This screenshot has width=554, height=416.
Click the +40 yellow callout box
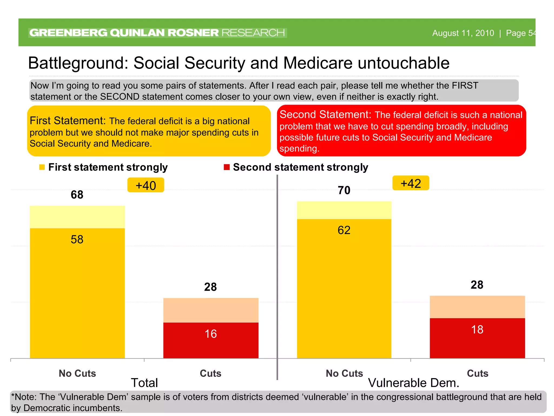(146, 185)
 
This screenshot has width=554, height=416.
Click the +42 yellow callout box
(410, 183)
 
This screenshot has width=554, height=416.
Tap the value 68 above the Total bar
(77, 195)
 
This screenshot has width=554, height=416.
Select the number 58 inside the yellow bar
(77, 239)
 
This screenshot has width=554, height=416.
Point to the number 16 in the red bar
(210, 334)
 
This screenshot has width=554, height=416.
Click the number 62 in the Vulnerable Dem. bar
(344, 230)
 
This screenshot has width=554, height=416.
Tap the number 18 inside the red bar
(477, 330)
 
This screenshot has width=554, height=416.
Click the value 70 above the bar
(344, 190)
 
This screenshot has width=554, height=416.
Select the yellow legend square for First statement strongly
(42, 167)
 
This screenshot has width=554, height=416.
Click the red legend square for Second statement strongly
(227, 167)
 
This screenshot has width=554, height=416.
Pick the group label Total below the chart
(144, 383)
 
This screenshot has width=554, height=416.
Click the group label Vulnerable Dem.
(414, 383)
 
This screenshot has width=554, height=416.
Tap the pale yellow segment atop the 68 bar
(77, 217)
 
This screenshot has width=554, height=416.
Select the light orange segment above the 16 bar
(210, 310)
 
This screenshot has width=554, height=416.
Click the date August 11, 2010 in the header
(463, 33)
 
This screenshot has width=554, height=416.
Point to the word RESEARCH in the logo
(253, 33)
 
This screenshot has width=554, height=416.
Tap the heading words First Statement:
(68, 121)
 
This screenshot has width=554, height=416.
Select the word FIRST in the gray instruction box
(465, 86)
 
